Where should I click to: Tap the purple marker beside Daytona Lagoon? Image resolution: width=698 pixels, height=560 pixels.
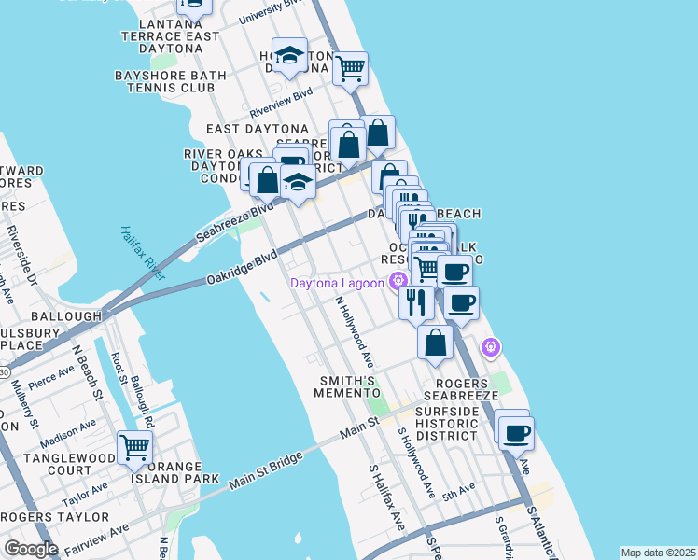tap(399, 280)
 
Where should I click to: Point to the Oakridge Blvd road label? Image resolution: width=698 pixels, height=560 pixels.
tap(242, 265)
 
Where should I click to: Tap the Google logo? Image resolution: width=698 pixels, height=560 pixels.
tap(31, 549)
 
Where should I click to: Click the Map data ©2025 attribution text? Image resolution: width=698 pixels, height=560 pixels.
tap(658, 553)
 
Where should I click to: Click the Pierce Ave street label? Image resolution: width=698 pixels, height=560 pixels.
tap(50, 377)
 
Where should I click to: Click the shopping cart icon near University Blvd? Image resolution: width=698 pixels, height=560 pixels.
tap(351, 68)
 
